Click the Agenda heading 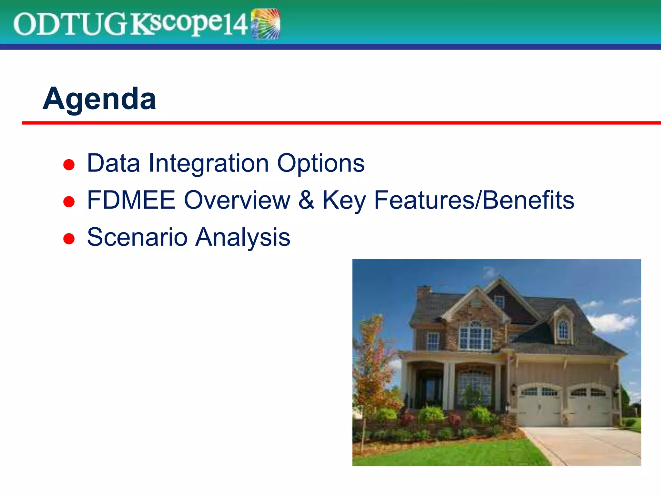click(99, 99)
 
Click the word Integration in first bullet click(208, 163)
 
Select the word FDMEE click(131, 200)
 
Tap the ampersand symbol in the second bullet click(306, 200)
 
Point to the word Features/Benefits click(474, 200)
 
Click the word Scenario click(137, 237)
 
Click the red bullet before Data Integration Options click(69, 165)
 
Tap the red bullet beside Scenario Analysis click(69, 239)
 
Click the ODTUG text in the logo click(69, 25)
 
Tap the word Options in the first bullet click(321, 163)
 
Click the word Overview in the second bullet click(237, 200)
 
